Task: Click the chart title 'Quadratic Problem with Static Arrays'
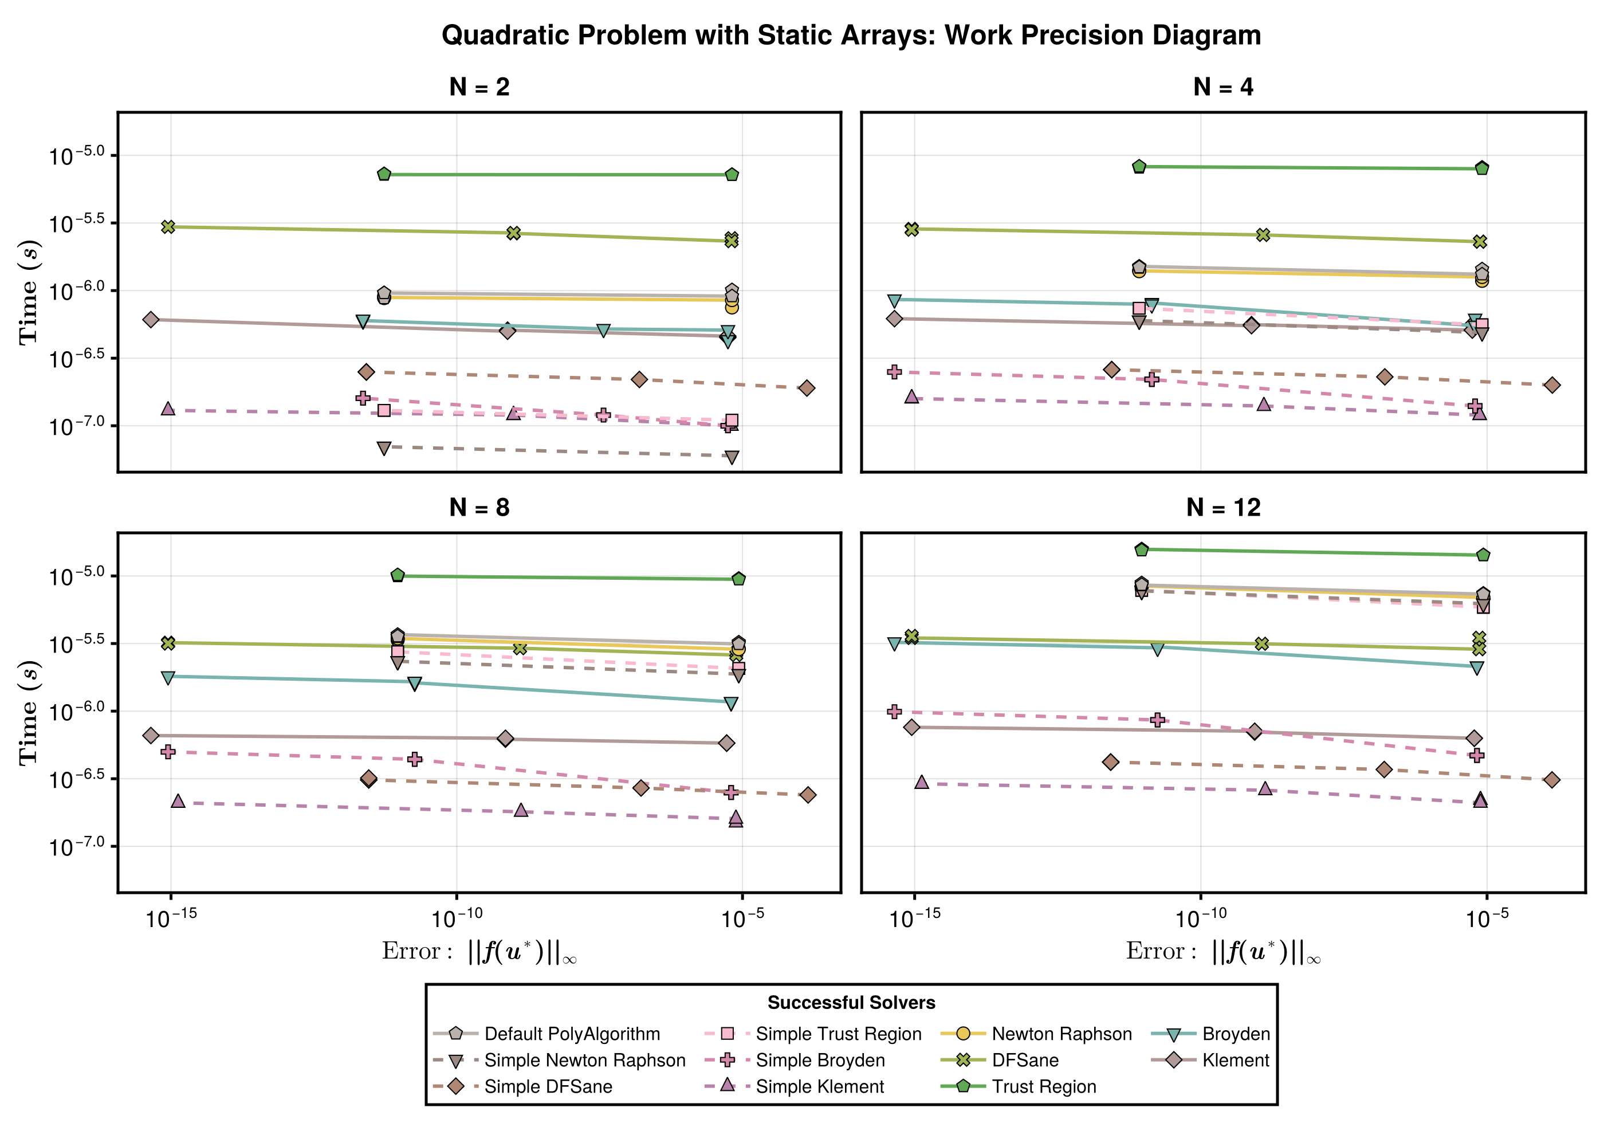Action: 851,35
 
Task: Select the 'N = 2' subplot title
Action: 479,87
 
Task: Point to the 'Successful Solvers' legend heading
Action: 851,1003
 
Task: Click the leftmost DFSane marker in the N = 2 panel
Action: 168,226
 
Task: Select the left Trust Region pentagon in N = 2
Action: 384,174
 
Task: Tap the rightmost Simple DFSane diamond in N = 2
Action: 807,388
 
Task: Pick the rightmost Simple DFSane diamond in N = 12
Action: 1552,780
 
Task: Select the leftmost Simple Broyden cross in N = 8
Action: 168,752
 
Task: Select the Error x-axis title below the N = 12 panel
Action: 1222,952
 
